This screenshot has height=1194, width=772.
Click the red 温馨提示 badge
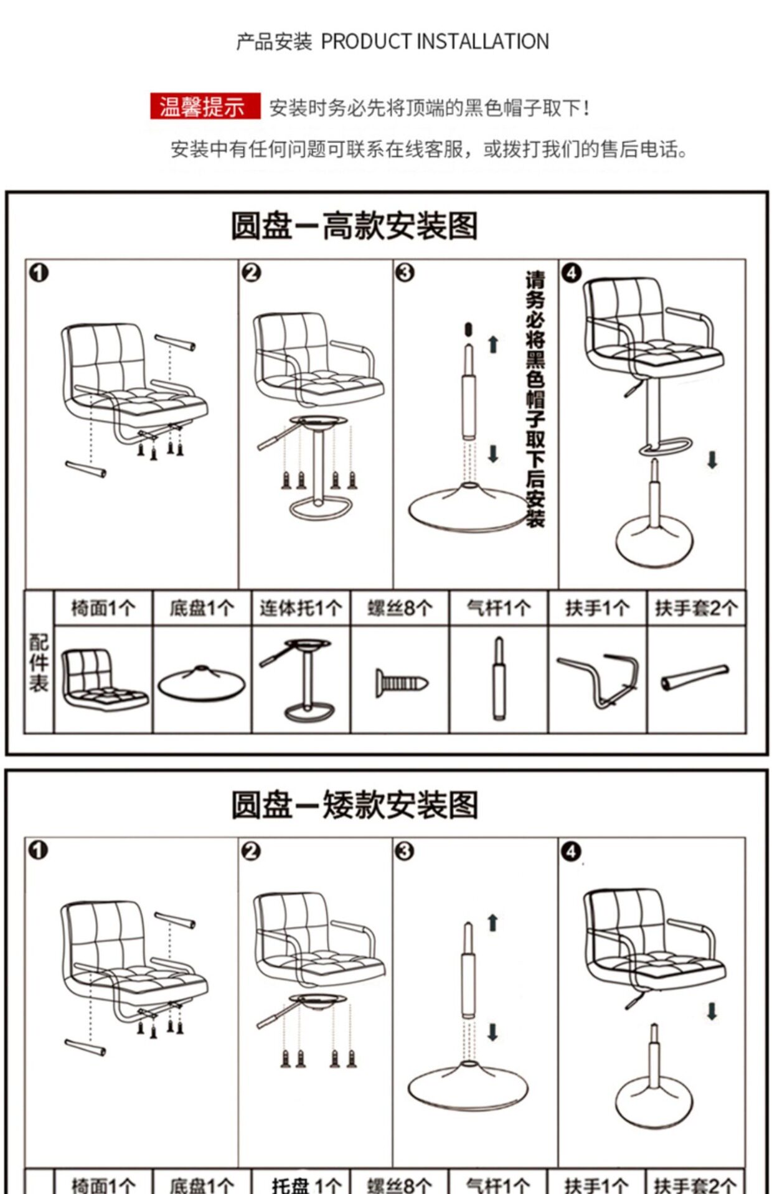205,106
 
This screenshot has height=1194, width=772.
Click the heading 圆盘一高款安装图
354,225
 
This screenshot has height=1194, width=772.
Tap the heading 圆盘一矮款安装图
354,804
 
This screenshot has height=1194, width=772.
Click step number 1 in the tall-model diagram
39,273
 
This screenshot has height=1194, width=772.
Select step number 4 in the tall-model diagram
571,273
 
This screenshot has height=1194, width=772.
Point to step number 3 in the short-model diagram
404,851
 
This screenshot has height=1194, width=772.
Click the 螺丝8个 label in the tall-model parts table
399,608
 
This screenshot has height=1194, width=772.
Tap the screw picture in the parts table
401,684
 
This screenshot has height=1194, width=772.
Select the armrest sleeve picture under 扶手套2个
695,677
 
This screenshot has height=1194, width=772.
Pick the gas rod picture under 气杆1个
499,679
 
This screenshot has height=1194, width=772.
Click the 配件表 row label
39,664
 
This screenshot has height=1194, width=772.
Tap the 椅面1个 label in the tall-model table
103,608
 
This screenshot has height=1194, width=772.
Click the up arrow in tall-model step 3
493,344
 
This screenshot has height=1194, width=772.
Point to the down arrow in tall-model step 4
712,460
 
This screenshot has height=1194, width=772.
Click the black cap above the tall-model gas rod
469,329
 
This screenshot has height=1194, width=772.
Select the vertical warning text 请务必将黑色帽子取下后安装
535,398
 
